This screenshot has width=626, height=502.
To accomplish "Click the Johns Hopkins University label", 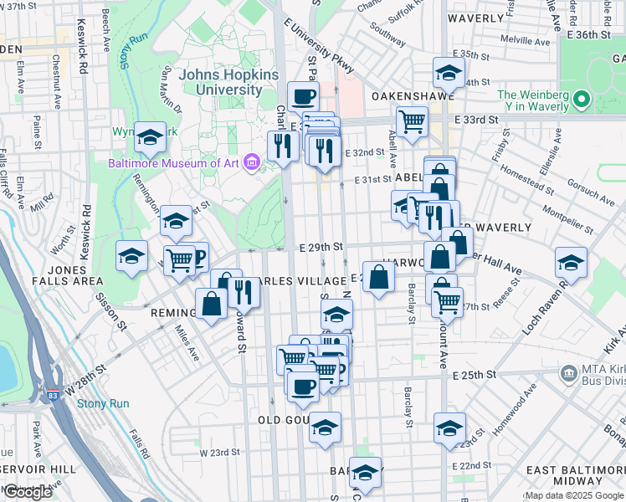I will click(x=221, y=81).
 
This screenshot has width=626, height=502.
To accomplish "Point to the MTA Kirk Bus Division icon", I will click(x=569, y=371).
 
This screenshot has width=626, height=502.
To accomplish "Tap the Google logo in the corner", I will click(x=28, y=493).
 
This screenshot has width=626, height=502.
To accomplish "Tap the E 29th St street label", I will click(x=321, y=247).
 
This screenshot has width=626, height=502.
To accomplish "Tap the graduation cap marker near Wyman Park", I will click(x=150, y=137).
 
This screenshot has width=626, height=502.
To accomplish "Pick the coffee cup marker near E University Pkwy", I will click(x=303, y=95).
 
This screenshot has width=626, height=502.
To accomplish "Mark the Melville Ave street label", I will click(x=526, y=40).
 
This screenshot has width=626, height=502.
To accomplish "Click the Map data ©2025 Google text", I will click(x=574, y=495).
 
